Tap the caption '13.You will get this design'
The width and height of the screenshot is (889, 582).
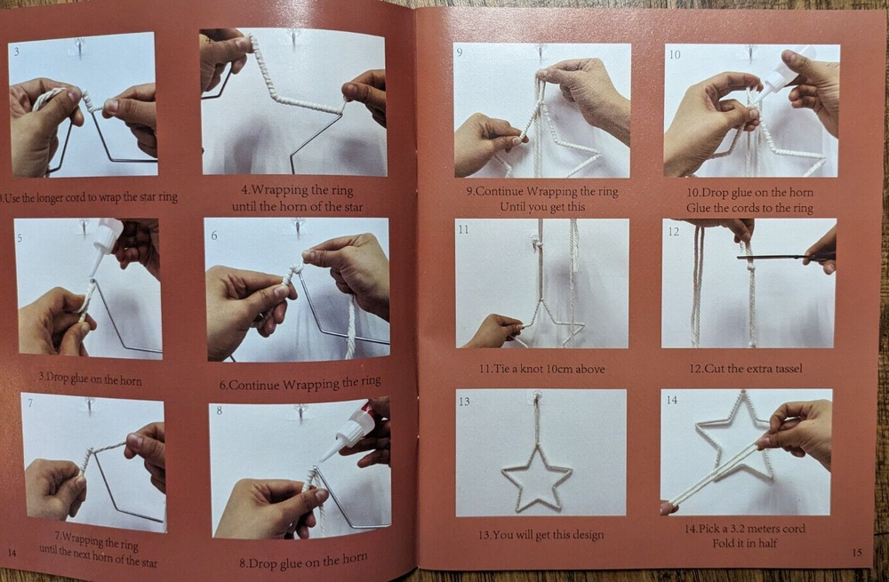click(541, 535)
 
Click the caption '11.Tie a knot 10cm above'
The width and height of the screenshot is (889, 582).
click(543, 368)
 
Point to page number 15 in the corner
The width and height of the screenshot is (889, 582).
click(856, 553)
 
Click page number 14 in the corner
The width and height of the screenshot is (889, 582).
click(12, 553)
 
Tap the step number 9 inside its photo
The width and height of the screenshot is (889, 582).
click(460, 52)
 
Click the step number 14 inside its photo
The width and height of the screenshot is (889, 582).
click(672, 400)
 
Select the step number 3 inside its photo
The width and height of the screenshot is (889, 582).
click(15, 52)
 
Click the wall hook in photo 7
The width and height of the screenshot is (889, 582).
click(90, 406)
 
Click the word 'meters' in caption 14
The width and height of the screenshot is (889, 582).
click(763, 529)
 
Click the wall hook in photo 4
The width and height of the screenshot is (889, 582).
click(294, 38)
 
